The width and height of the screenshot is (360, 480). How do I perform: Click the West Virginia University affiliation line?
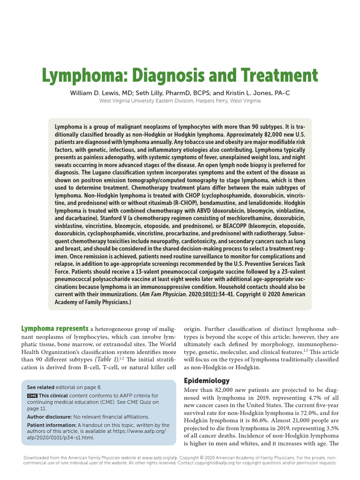(x=180, y=101)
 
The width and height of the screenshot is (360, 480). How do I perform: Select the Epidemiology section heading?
(x=207, y=381)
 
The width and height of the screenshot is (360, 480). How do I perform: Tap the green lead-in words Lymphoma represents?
(x=54, y=329)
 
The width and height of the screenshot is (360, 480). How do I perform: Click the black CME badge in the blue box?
(x=32, y=396)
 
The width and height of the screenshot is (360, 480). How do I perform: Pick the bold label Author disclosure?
(x=49, y=416)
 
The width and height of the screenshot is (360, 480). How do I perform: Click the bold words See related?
(x=41, y=387)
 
